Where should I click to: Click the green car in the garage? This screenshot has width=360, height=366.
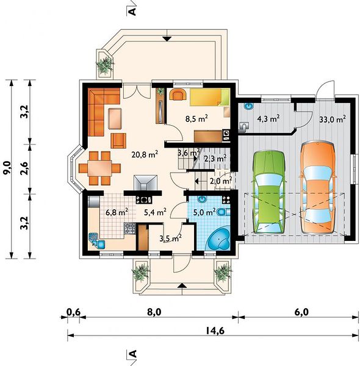tap(268, 192)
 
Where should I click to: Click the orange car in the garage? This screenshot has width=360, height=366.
tap(318, 187)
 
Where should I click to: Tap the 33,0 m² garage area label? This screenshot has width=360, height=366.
tap(333, 120)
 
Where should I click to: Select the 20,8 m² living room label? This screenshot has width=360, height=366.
tap(145, 154)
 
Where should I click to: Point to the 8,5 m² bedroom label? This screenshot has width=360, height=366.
tap(196, 118)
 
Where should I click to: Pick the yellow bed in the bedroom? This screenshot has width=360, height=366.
tap(209, 97)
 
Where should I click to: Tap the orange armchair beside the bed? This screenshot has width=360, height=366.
tap(178, 94)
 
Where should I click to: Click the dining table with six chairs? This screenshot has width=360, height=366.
tap(99, 168)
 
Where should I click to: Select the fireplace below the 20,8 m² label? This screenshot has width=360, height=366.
tap(145, 183)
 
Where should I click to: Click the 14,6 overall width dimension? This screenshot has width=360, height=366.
tap(215, 331)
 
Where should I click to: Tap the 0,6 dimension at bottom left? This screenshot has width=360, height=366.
tap(74, 312)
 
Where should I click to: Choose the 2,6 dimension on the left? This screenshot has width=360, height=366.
tap(24, 168)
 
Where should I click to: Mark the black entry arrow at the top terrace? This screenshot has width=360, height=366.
tap(167, 39)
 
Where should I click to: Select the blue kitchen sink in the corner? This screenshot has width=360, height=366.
tap(96, 240)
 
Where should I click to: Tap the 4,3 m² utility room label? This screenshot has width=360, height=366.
tap(268, 119)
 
